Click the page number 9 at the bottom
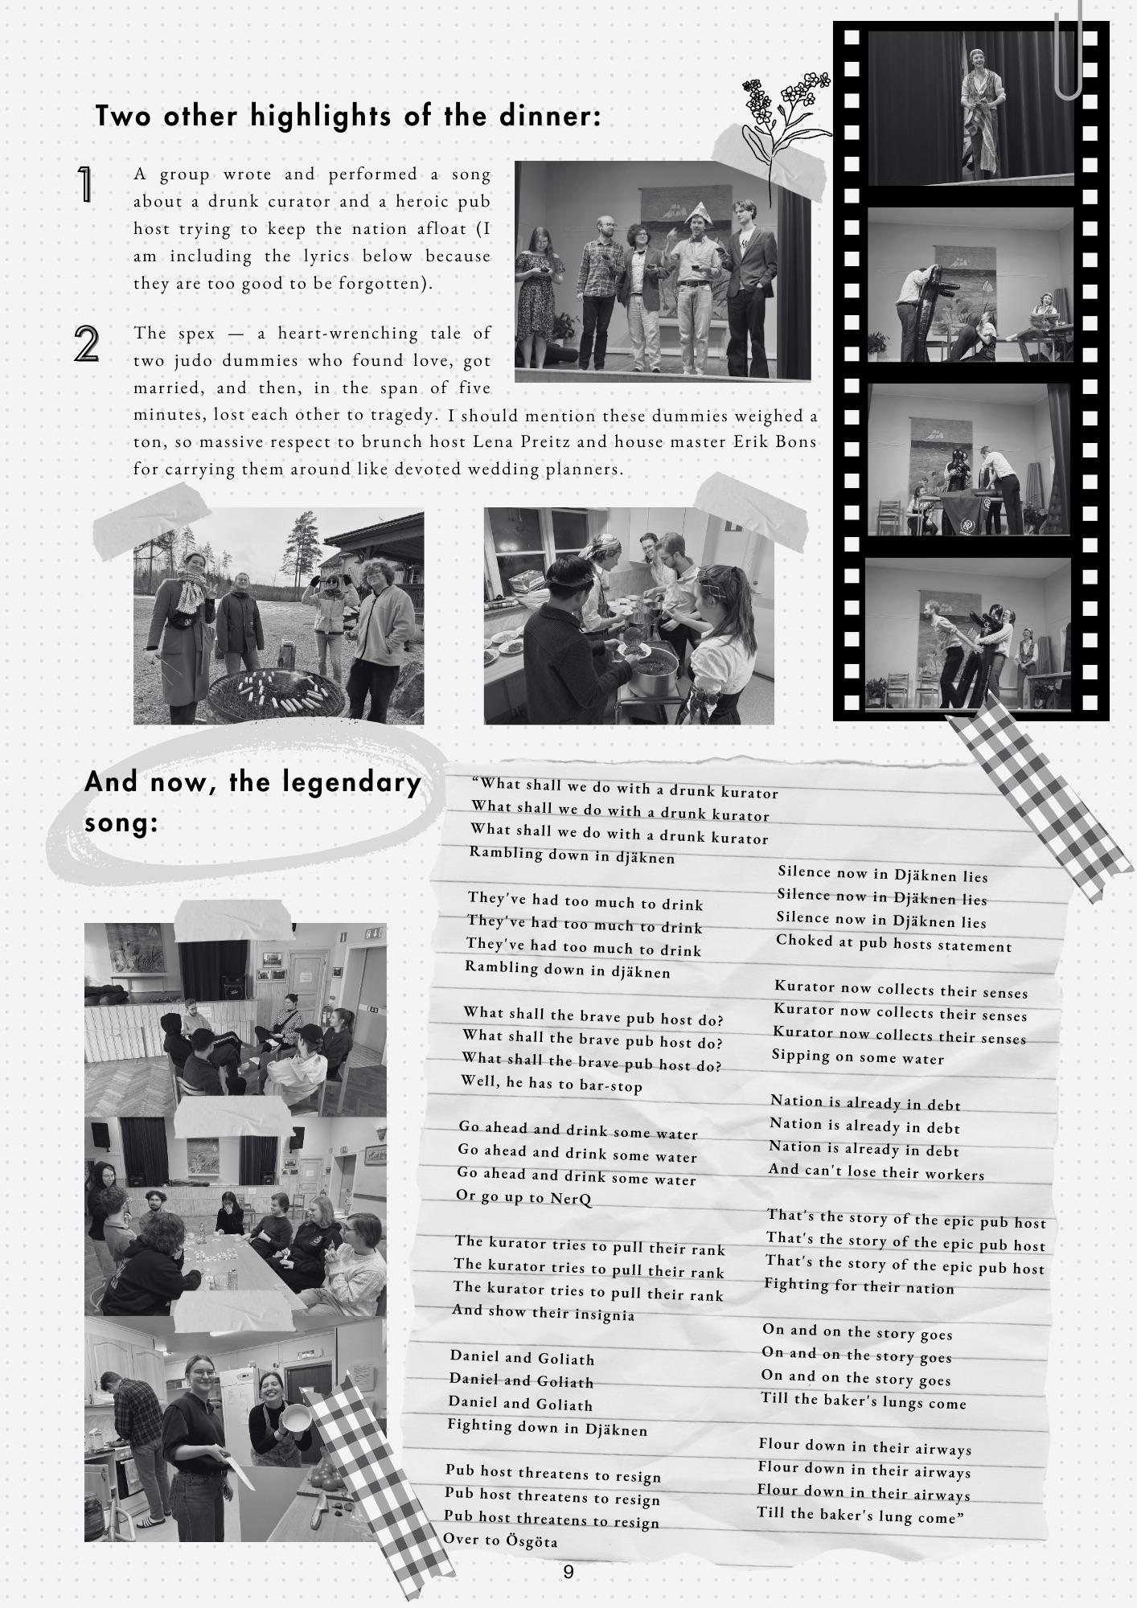568,1572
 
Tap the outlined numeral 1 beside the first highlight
85,184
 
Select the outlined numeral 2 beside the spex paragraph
87,343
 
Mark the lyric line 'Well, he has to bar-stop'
552,1084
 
